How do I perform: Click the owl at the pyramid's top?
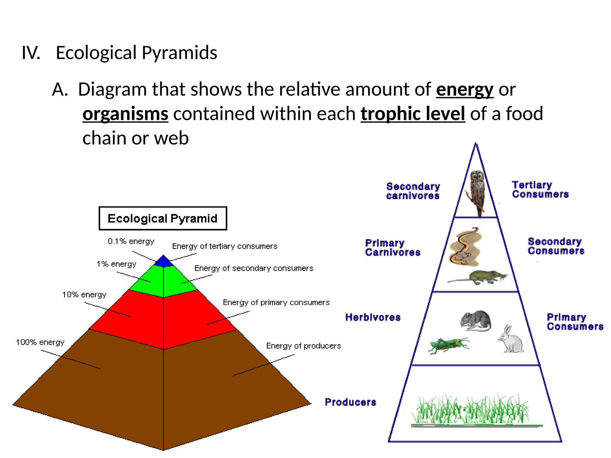pyautogui.click(x=477, y=191)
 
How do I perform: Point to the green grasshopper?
pyautogui.click(x=448, y=345)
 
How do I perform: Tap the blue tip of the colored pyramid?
pyautogui.click(x=163, y=261)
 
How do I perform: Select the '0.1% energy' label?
pyautogui.click(x=131, y=241)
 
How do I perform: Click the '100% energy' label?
pyautogui.click(x=40, y=342)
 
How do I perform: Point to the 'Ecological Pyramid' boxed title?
pyautogui.click(x=163, y=219)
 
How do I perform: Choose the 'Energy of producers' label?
pyautogui.click(x=303, y=346)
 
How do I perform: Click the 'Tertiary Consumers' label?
pyautogui.click(x=540, y=190)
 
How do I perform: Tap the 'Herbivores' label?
pyautogui.click(x=373, y=317)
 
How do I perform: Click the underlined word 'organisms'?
pyautogui.click(x=125, y=114)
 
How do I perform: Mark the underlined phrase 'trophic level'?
pyautogui.click(x=413, y=114)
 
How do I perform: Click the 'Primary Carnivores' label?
pyautogui.click(x=393, y=248)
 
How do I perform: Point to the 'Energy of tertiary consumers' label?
pyautogui.click(x=225, y=246)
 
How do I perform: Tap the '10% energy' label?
pyautogui.click(x=84, y=295)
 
